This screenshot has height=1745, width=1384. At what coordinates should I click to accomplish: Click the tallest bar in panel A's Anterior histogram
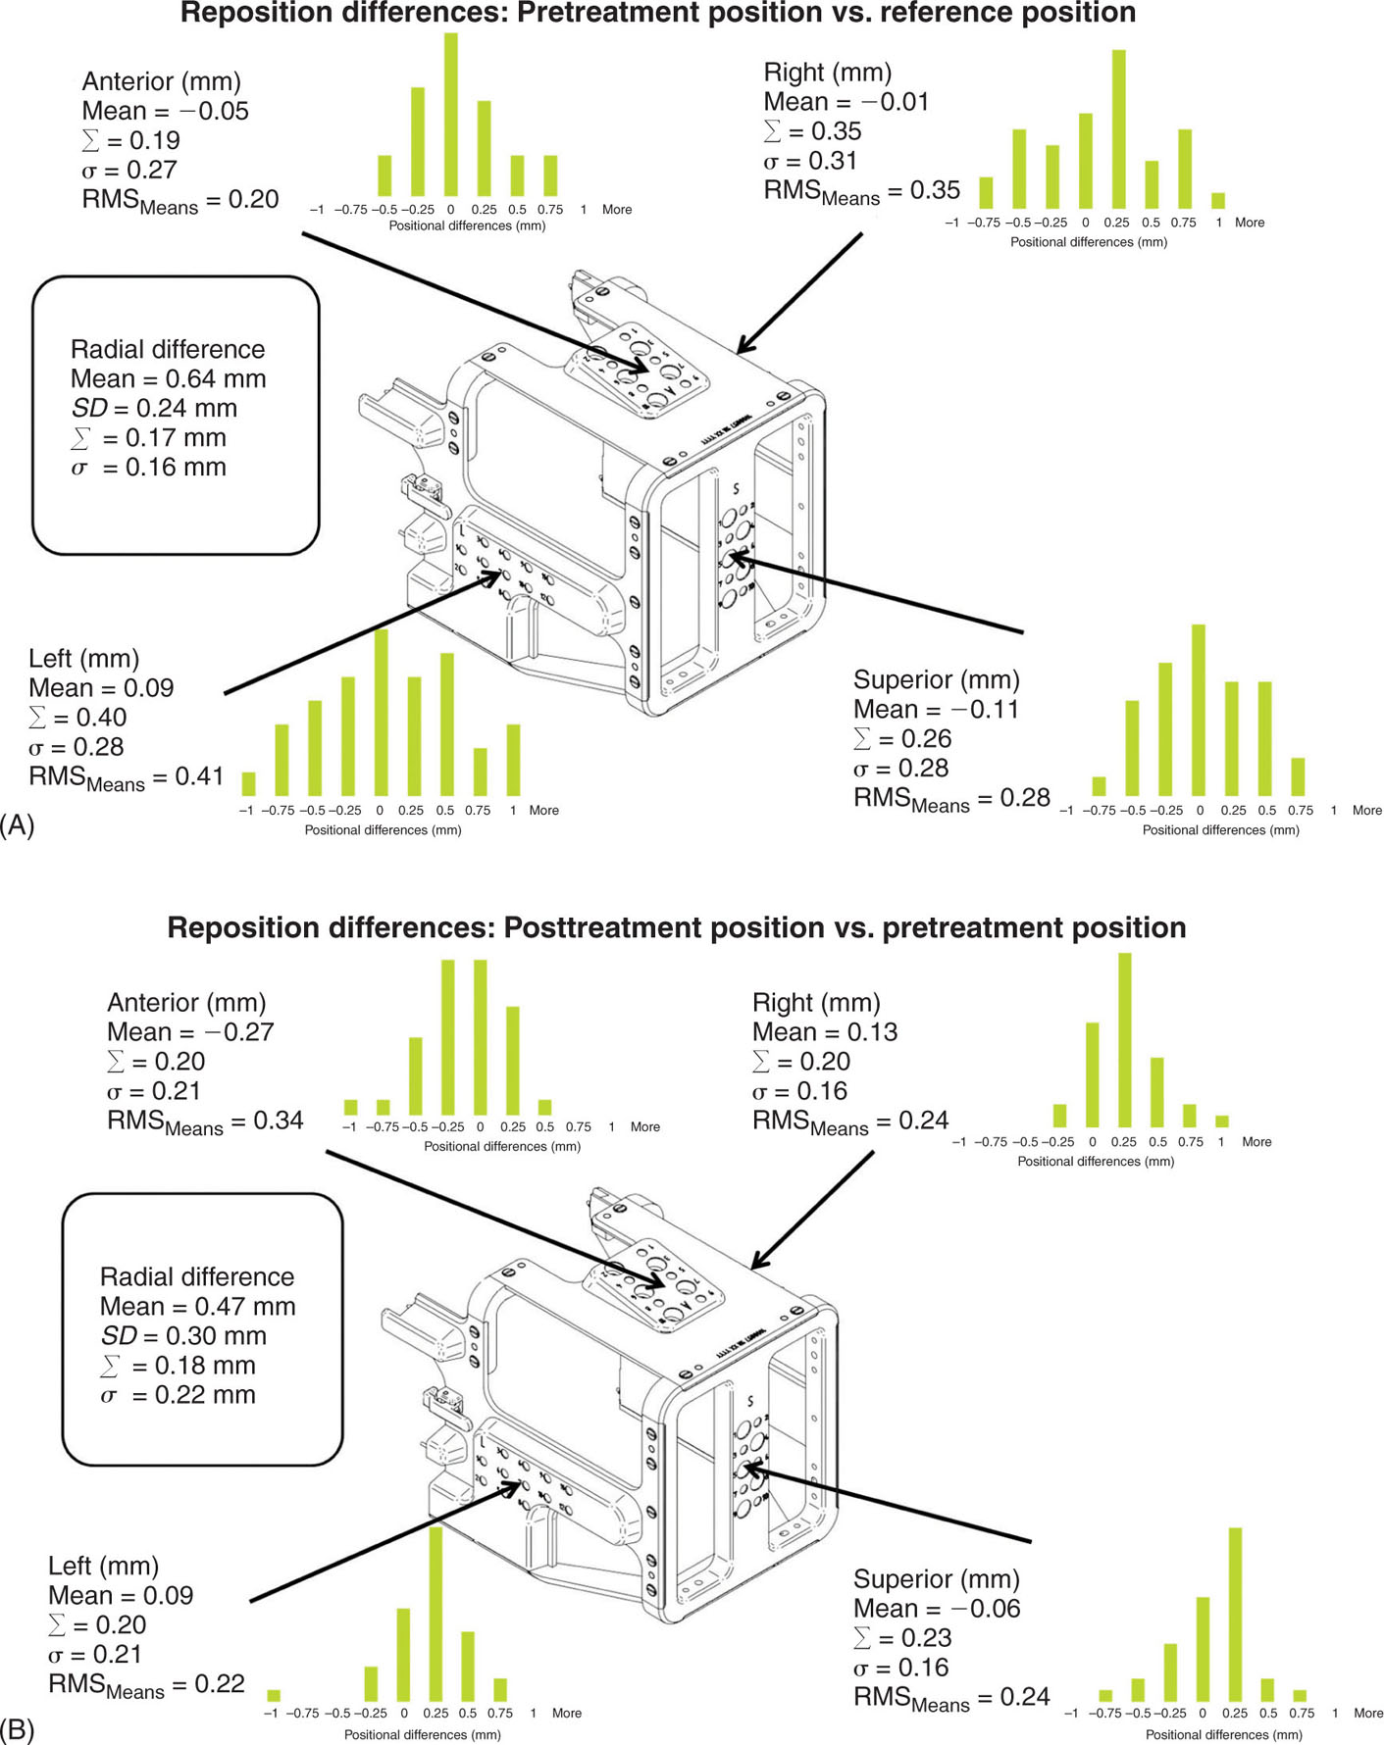click(x=450, y=115)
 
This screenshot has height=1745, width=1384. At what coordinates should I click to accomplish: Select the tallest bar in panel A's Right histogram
click(x=1118, y=128)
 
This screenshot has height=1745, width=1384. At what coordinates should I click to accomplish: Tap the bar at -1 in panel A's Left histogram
click(x=248, y=783)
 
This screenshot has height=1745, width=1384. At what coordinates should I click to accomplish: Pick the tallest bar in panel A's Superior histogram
click(x=1198, y=710)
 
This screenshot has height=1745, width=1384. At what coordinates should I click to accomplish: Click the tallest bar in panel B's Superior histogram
click(x=1235, y=1615)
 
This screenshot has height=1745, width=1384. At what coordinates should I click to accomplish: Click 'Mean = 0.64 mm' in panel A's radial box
click(x=168, y=379)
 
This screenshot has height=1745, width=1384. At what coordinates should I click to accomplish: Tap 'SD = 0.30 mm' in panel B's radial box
click(x=182, y=1336)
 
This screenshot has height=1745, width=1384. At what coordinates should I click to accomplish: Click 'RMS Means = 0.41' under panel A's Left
click(x=126, y=777)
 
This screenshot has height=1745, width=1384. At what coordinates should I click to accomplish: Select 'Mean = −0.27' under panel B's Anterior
click(x=190, y=1032)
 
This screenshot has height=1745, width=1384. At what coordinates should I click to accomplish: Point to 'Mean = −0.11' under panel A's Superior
click(x=936, y=710)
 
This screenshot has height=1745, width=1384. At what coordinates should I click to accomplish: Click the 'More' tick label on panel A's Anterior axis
click(x=617, y=210)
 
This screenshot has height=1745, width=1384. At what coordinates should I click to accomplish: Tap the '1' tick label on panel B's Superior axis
click(x=1335, y=1714)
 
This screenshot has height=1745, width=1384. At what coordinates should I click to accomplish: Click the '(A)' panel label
click(x=18, y=825)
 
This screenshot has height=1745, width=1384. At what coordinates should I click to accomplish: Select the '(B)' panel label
click(x=18, y=1730)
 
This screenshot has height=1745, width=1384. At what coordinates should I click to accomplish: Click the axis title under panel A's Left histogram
click(x=383, y=830)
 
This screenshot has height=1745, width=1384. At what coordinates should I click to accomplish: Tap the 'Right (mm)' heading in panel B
click(x=816, y=1003)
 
